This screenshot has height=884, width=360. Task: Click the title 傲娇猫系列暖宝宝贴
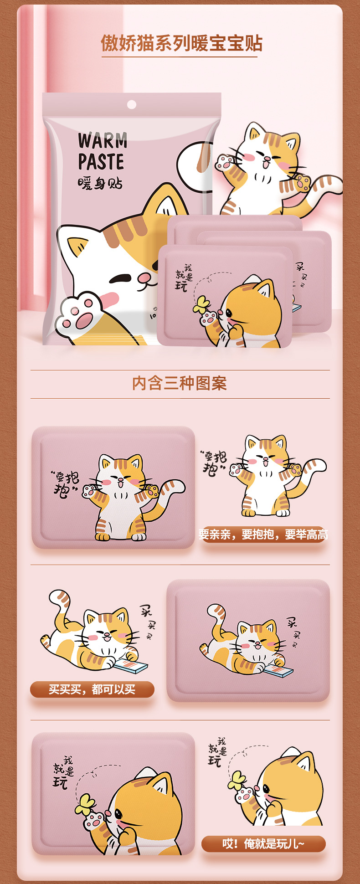[181, 44]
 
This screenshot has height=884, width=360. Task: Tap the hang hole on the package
[132, 105]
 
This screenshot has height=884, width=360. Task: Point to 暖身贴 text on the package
[100, 184]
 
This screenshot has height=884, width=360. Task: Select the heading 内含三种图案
[180, 383]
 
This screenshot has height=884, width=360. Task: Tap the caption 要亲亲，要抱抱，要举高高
[263, 535]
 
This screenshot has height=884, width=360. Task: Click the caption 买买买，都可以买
[92, 689]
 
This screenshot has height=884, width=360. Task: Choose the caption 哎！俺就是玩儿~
[263, 844]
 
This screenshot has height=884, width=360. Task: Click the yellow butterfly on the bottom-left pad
[85, 804]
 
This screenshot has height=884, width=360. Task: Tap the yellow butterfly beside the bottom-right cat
[237, 781]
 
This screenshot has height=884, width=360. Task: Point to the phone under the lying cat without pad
[131, 666]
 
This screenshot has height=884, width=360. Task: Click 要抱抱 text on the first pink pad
[67, 483]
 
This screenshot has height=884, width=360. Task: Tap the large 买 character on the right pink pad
[292, 622]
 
